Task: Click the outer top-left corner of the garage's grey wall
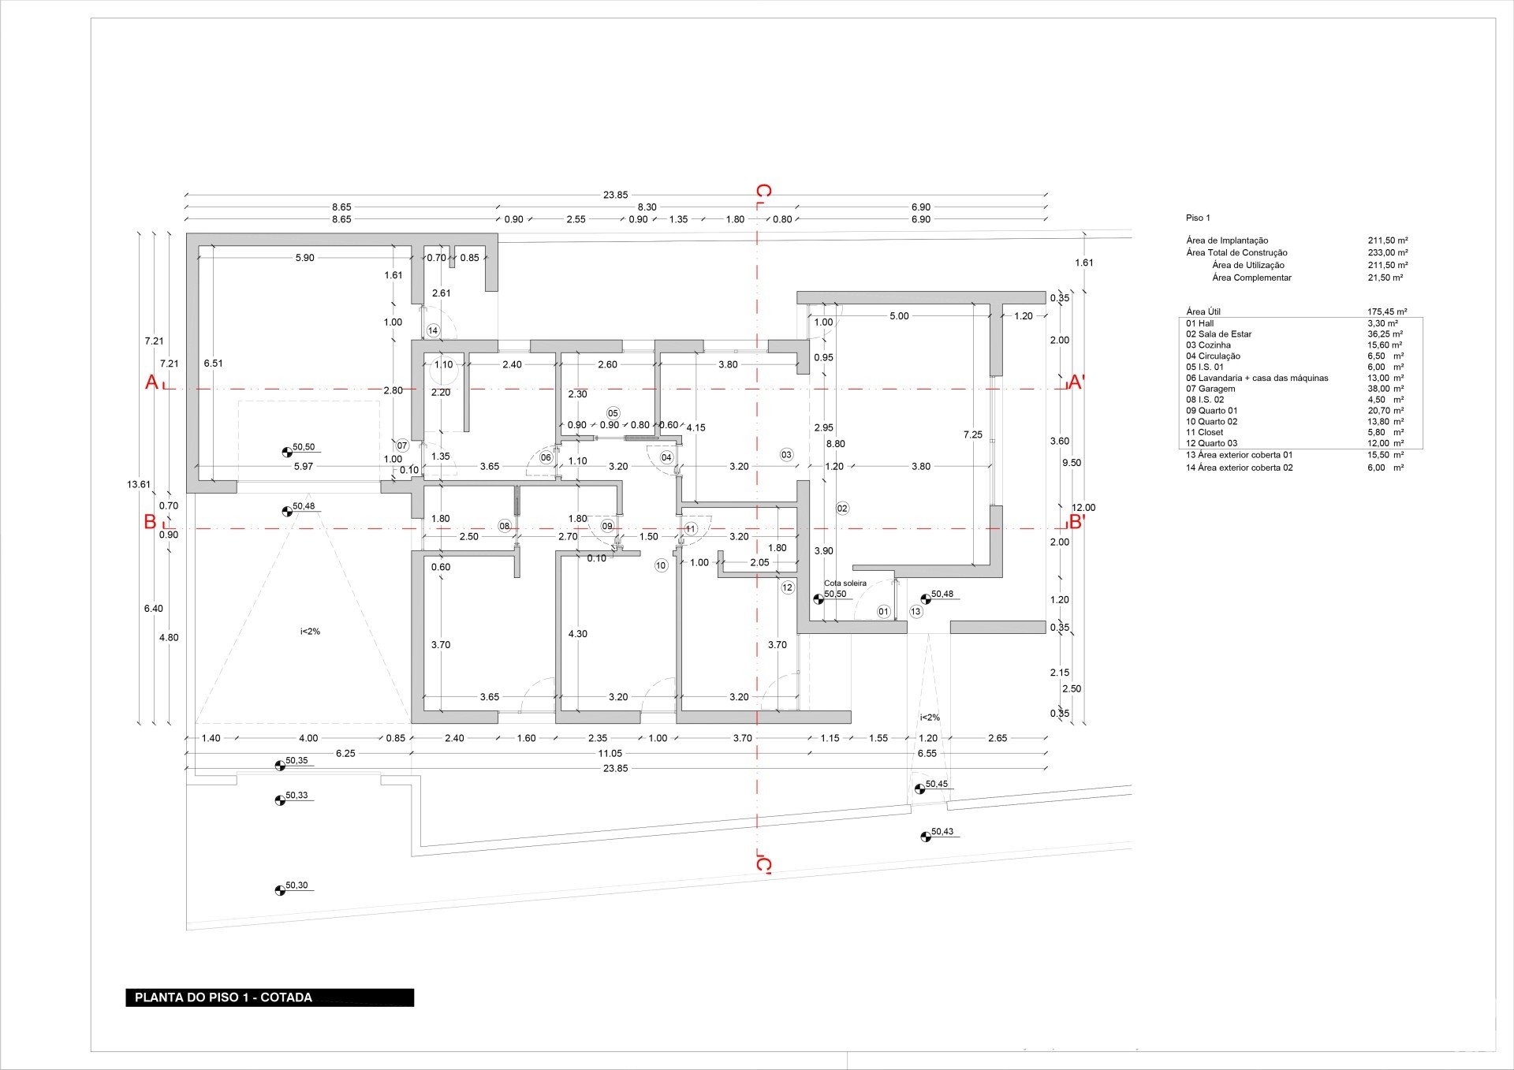click(x=187, y=233)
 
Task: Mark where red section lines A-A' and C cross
click(x=757, y=389)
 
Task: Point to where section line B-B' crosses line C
click(x=757, y=528)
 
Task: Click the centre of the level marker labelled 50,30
click(x=280, y=890)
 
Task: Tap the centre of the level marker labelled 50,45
click(x=919, y=789)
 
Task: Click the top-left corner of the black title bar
click(x=126, y=990)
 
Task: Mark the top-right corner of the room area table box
click(x=1423, y=318)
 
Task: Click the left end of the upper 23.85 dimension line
click(x=186, y=195)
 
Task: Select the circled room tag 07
click(x=402, y=446)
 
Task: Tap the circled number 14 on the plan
click(x=432, y=330)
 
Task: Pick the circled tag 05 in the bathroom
click(x=613, y=413)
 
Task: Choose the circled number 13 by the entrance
click(x=915, y=611)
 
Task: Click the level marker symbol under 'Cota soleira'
click(x=819, y=599)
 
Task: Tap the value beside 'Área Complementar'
click(x=1385, y=278)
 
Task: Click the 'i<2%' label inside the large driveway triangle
click(x=310, y=632)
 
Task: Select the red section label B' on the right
click(x=1076, y=522)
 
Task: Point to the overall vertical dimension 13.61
click(x=139, y=485)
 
